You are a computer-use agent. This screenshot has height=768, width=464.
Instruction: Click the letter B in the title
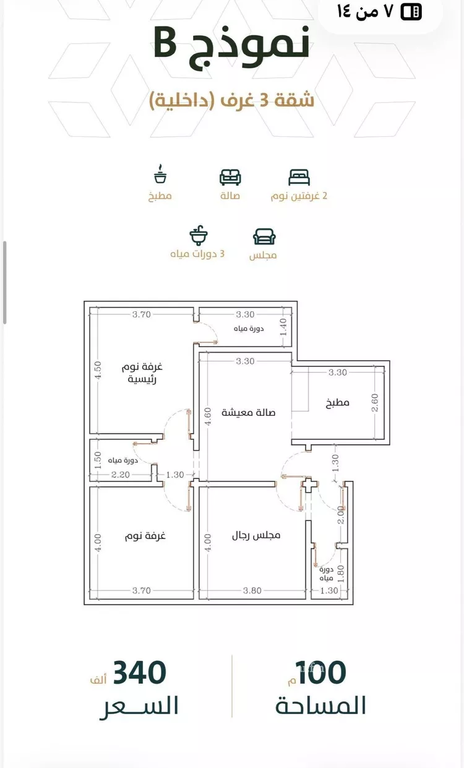point(165,43)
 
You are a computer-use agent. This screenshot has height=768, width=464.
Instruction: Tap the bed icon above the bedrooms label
point(299,177)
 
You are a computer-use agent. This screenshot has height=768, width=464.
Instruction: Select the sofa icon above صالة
point(230,177)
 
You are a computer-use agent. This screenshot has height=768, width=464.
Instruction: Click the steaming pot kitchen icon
point(160,174)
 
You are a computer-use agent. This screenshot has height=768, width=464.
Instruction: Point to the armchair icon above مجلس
point(264,236)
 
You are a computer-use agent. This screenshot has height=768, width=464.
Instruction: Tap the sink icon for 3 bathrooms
point(199,235)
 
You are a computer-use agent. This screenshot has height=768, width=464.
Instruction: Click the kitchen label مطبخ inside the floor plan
point(338,402)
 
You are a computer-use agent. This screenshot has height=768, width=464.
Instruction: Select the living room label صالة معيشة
point(249,412)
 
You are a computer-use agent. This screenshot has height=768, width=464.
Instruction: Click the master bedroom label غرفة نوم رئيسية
point(142,373)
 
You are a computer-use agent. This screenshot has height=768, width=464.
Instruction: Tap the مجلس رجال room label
point(256,535)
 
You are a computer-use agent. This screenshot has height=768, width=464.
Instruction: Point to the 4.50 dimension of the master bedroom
point(98,370)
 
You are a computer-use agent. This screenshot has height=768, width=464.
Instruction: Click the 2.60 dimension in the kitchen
point(375,402)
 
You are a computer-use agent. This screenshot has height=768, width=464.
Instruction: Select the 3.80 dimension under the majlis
point(252,590)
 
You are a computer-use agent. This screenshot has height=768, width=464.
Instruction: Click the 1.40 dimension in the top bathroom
point(283,327)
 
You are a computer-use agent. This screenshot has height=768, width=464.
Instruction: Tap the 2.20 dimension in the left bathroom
point(120,475)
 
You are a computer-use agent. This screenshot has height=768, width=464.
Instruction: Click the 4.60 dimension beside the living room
point(208,416)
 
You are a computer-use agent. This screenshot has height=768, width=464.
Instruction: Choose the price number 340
point(140,673)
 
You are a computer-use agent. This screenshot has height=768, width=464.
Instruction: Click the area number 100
point(322,673)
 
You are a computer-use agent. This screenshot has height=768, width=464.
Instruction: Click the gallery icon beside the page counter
point(411,12)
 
